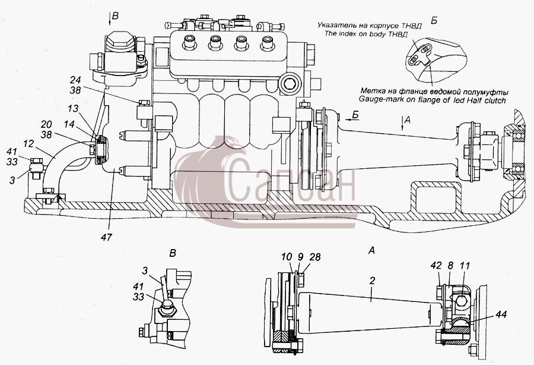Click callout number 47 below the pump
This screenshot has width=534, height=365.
pyautogui.click(x=106, y=237)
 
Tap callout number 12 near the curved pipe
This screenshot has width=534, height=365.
pyautogui.click(x=28, y=144)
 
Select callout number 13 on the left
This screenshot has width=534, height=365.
pyautogui.click(x=73, y=108)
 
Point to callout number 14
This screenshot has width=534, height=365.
pyautogui.click(x=69, y=124)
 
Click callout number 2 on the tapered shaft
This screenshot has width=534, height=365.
pyautogui.click(x=372, y=281)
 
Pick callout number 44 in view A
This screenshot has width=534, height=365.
pyautogui.click(x=501, y=313)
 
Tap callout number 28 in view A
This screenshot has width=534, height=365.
pyautogui.click(x=315, y=257)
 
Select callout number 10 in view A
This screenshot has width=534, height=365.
pyautogui.click(x=287, y=257)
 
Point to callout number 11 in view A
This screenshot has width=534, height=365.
pyautogui.click(x=465, y=265)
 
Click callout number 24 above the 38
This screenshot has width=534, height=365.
pyautogui.click(x=75, y=80)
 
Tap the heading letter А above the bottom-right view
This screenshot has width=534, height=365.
pyautogui.click(x=371, y=250)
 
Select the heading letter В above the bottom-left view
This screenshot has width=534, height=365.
pyautogui.click(x=173, y=253)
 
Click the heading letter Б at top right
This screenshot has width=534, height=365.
pyautogui.click(x=434, y=20)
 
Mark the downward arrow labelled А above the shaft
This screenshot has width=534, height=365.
pyautogui.click(x=402, y=123)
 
